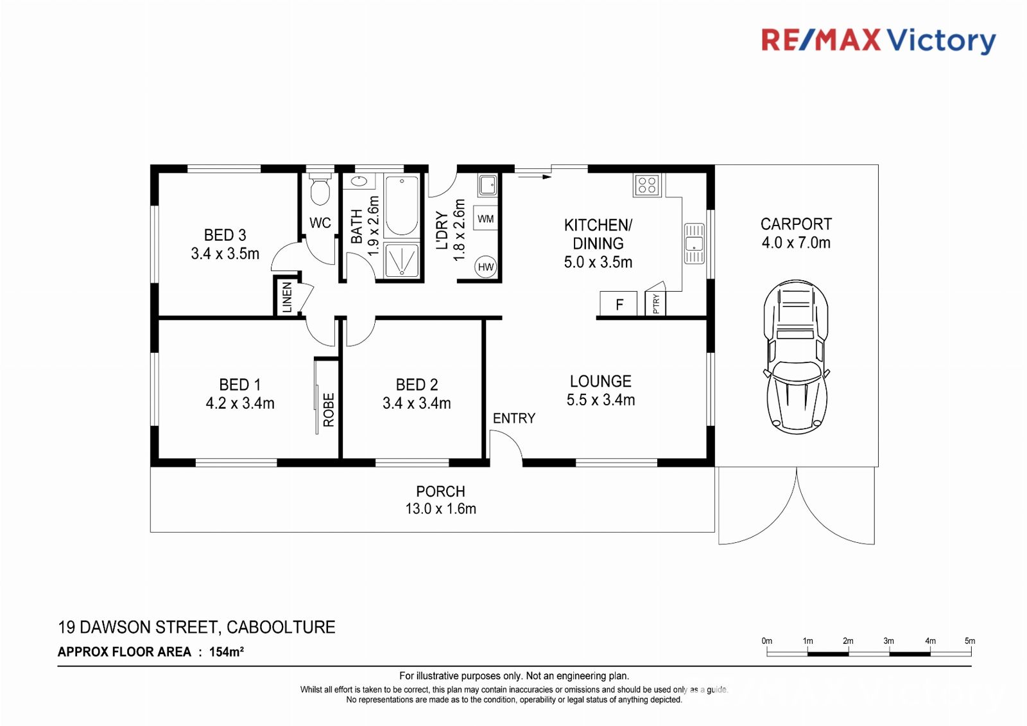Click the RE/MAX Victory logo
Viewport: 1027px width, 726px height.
pyautogui.click(x=879, y=41)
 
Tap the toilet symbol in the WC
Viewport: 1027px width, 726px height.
pyautogui.click(x=320, y=189)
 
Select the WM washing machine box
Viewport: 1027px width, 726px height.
pyautogui.click(x=485, y=218)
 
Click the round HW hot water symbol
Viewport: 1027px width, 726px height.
pyautogui.click(x=485, y=267)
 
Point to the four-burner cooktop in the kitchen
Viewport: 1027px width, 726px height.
pyautogui.click(x=647, y=186)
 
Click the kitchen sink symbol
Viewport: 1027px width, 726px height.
pyautogui.click(x=694, y=243)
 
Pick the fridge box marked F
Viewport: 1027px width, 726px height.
pyautogui.click(x=619, y=303)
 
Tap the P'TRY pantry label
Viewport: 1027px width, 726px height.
pyautogui.click(x=656, y=303)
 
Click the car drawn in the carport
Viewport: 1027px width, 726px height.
pyautogui.click(x=796, y=357)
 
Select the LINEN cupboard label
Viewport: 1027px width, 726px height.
pyautogui.click(x=287, y=297)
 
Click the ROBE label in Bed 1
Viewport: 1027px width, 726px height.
pyautogui.click(x=329, y=410)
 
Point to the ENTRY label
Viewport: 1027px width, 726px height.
pyautogui.click(x=514, y=418)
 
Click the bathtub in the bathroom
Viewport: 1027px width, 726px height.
pyautogui.click(x=402, y=206)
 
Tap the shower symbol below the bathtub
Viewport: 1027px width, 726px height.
pyautogui.click(x=402, y=260)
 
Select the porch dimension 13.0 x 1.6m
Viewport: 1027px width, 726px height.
pyautogui.click(x=440, y=508)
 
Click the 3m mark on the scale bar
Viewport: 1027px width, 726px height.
pyautogui.click(x=889, y=652)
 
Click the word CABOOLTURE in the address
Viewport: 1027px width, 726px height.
pyautogui.click(x=281, y=627)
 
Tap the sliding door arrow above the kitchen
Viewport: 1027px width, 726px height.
pyautogui.click(x=533, y=176)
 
